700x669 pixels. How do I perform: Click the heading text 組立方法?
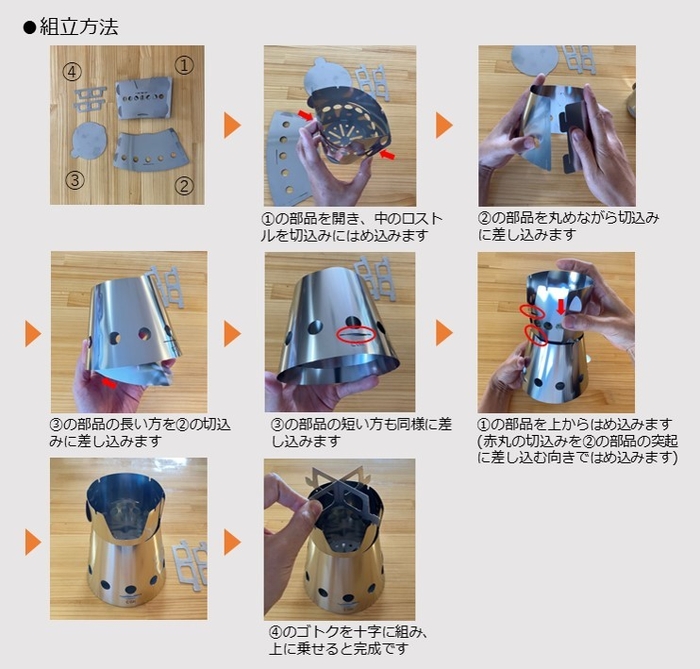click(x=79, y=27)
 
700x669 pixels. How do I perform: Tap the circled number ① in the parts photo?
click(x=184, y=66)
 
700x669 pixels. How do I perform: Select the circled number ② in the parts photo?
click(x=184, y=184)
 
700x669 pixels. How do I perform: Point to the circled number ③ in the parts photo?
click(x=72, y=181)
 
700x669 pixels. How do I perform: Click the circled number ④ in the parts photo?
click(x=70, y=71)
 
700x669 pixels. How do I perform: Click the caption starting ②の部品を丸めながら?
click(x=555, y=226)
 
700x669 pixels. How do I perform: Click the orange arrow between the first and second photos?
click(x=232, y=125)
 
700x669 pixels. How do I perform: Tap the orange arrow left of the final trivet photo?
click(x=232, y=542)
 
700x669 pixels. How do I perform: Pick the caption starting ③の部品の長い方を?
click(x=126, y=432)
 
